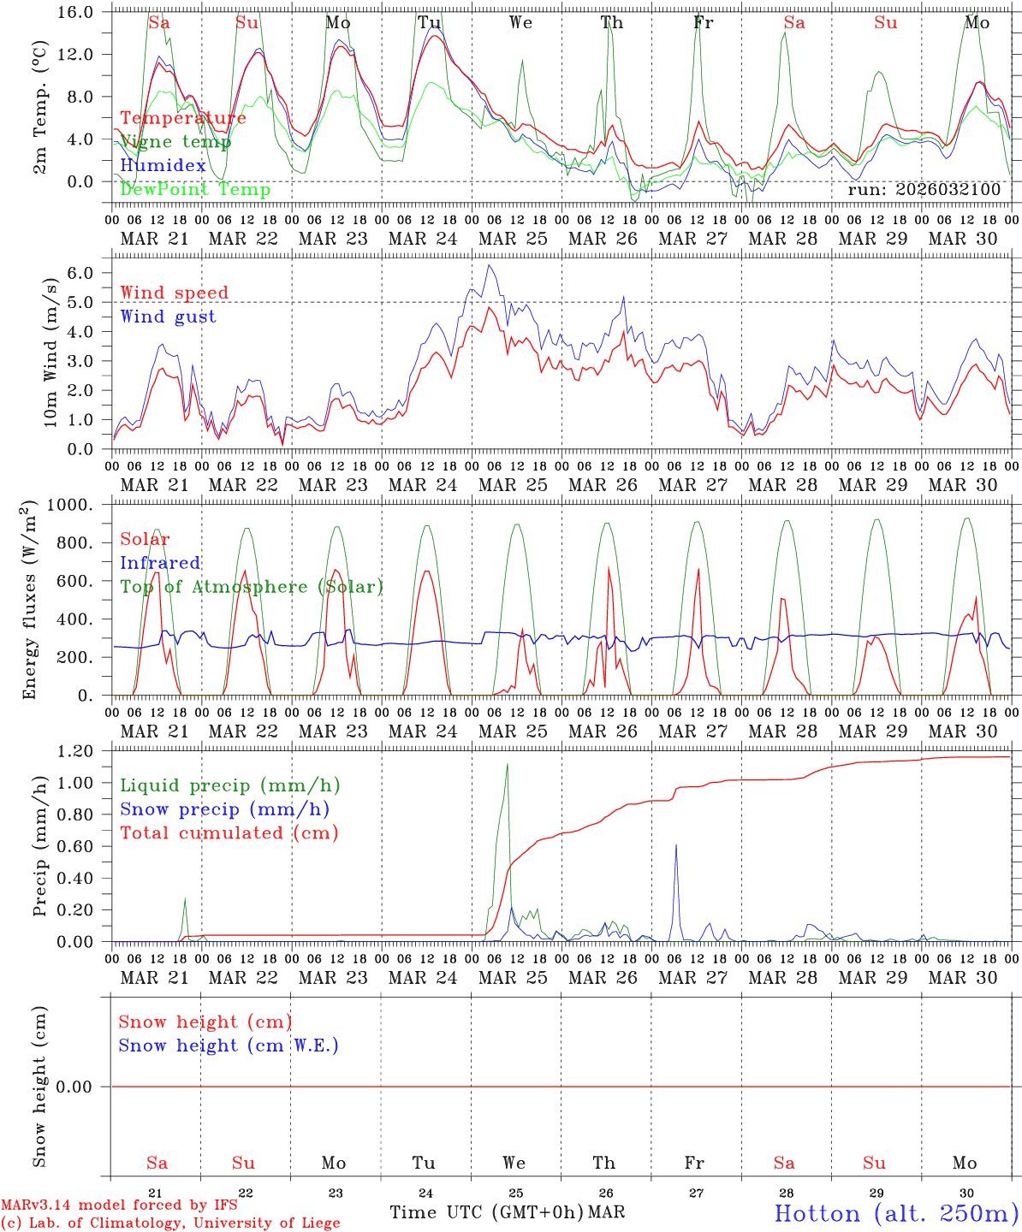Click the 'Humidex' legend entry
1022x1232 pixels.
[x=163, y=166]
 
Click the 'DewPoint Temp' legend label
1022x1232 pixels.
[x=195, y=190]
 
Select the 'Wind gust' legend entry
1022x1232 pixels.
[x=168, y=317]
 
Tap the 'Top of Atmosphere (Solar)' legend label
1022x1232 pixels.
[x=252, y=587]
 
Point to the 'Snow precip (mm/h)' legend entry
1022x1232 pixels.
[x=224, y=809]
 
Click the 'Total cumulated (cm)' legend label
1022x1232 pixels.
[x=229, y=833]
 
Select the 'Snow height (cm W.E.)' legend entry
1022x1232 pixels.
[x=229, y=1045]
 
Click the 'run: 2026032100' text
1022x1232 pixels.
[x=924, y=190]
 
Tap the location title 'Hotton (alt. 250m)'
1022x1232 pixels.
[x=895, y=1213]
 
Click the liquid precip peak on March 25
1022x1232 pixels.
[x=507, y=765]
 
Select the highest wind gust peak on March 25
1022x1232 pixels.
[x=488, y=265]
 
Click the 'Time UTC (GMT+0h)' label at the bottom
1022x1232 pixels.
[x=486, y=1212]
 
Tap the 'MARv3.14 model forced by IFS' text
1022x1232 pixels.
[x=119, y=1205]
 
